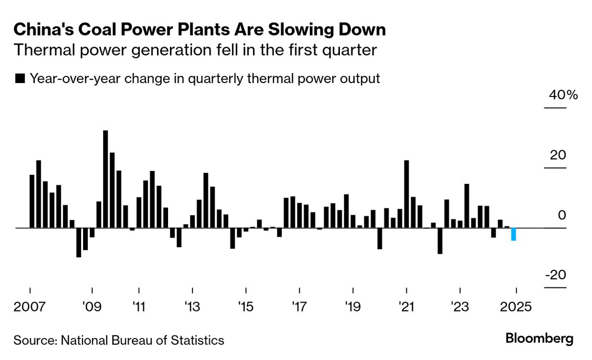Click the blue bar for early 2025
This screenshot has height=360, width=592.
(513, 234)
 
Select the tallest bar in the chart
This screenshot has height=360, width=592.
(106, 179)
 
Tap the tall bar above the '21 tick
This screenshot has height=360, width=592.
(406, 194)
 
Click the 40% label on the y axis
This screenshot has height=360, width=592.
(564, 95)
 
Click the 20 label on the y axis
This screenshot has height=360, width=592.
(558, 155)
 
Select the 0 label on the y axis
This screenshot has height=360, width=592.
(562, 215)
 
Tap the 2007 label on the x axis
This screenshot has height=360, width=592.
(30, 306)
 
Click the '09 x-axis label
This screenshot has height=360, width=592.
(92, 306)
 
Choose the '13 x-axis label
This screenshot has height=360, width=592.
(192, 306)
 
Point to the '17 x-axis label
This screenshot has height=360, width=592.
(299, 306)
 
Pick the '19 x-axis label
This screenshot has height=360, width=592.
(353, 306)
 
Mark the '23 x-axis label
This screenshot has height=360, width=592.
(460, 306)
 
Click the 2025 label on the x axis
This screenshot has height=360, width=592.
(516, 306)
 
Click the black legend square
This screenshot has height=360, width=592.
(20, 79)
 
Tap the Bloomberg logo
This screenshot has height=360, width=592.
(539, 339)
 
